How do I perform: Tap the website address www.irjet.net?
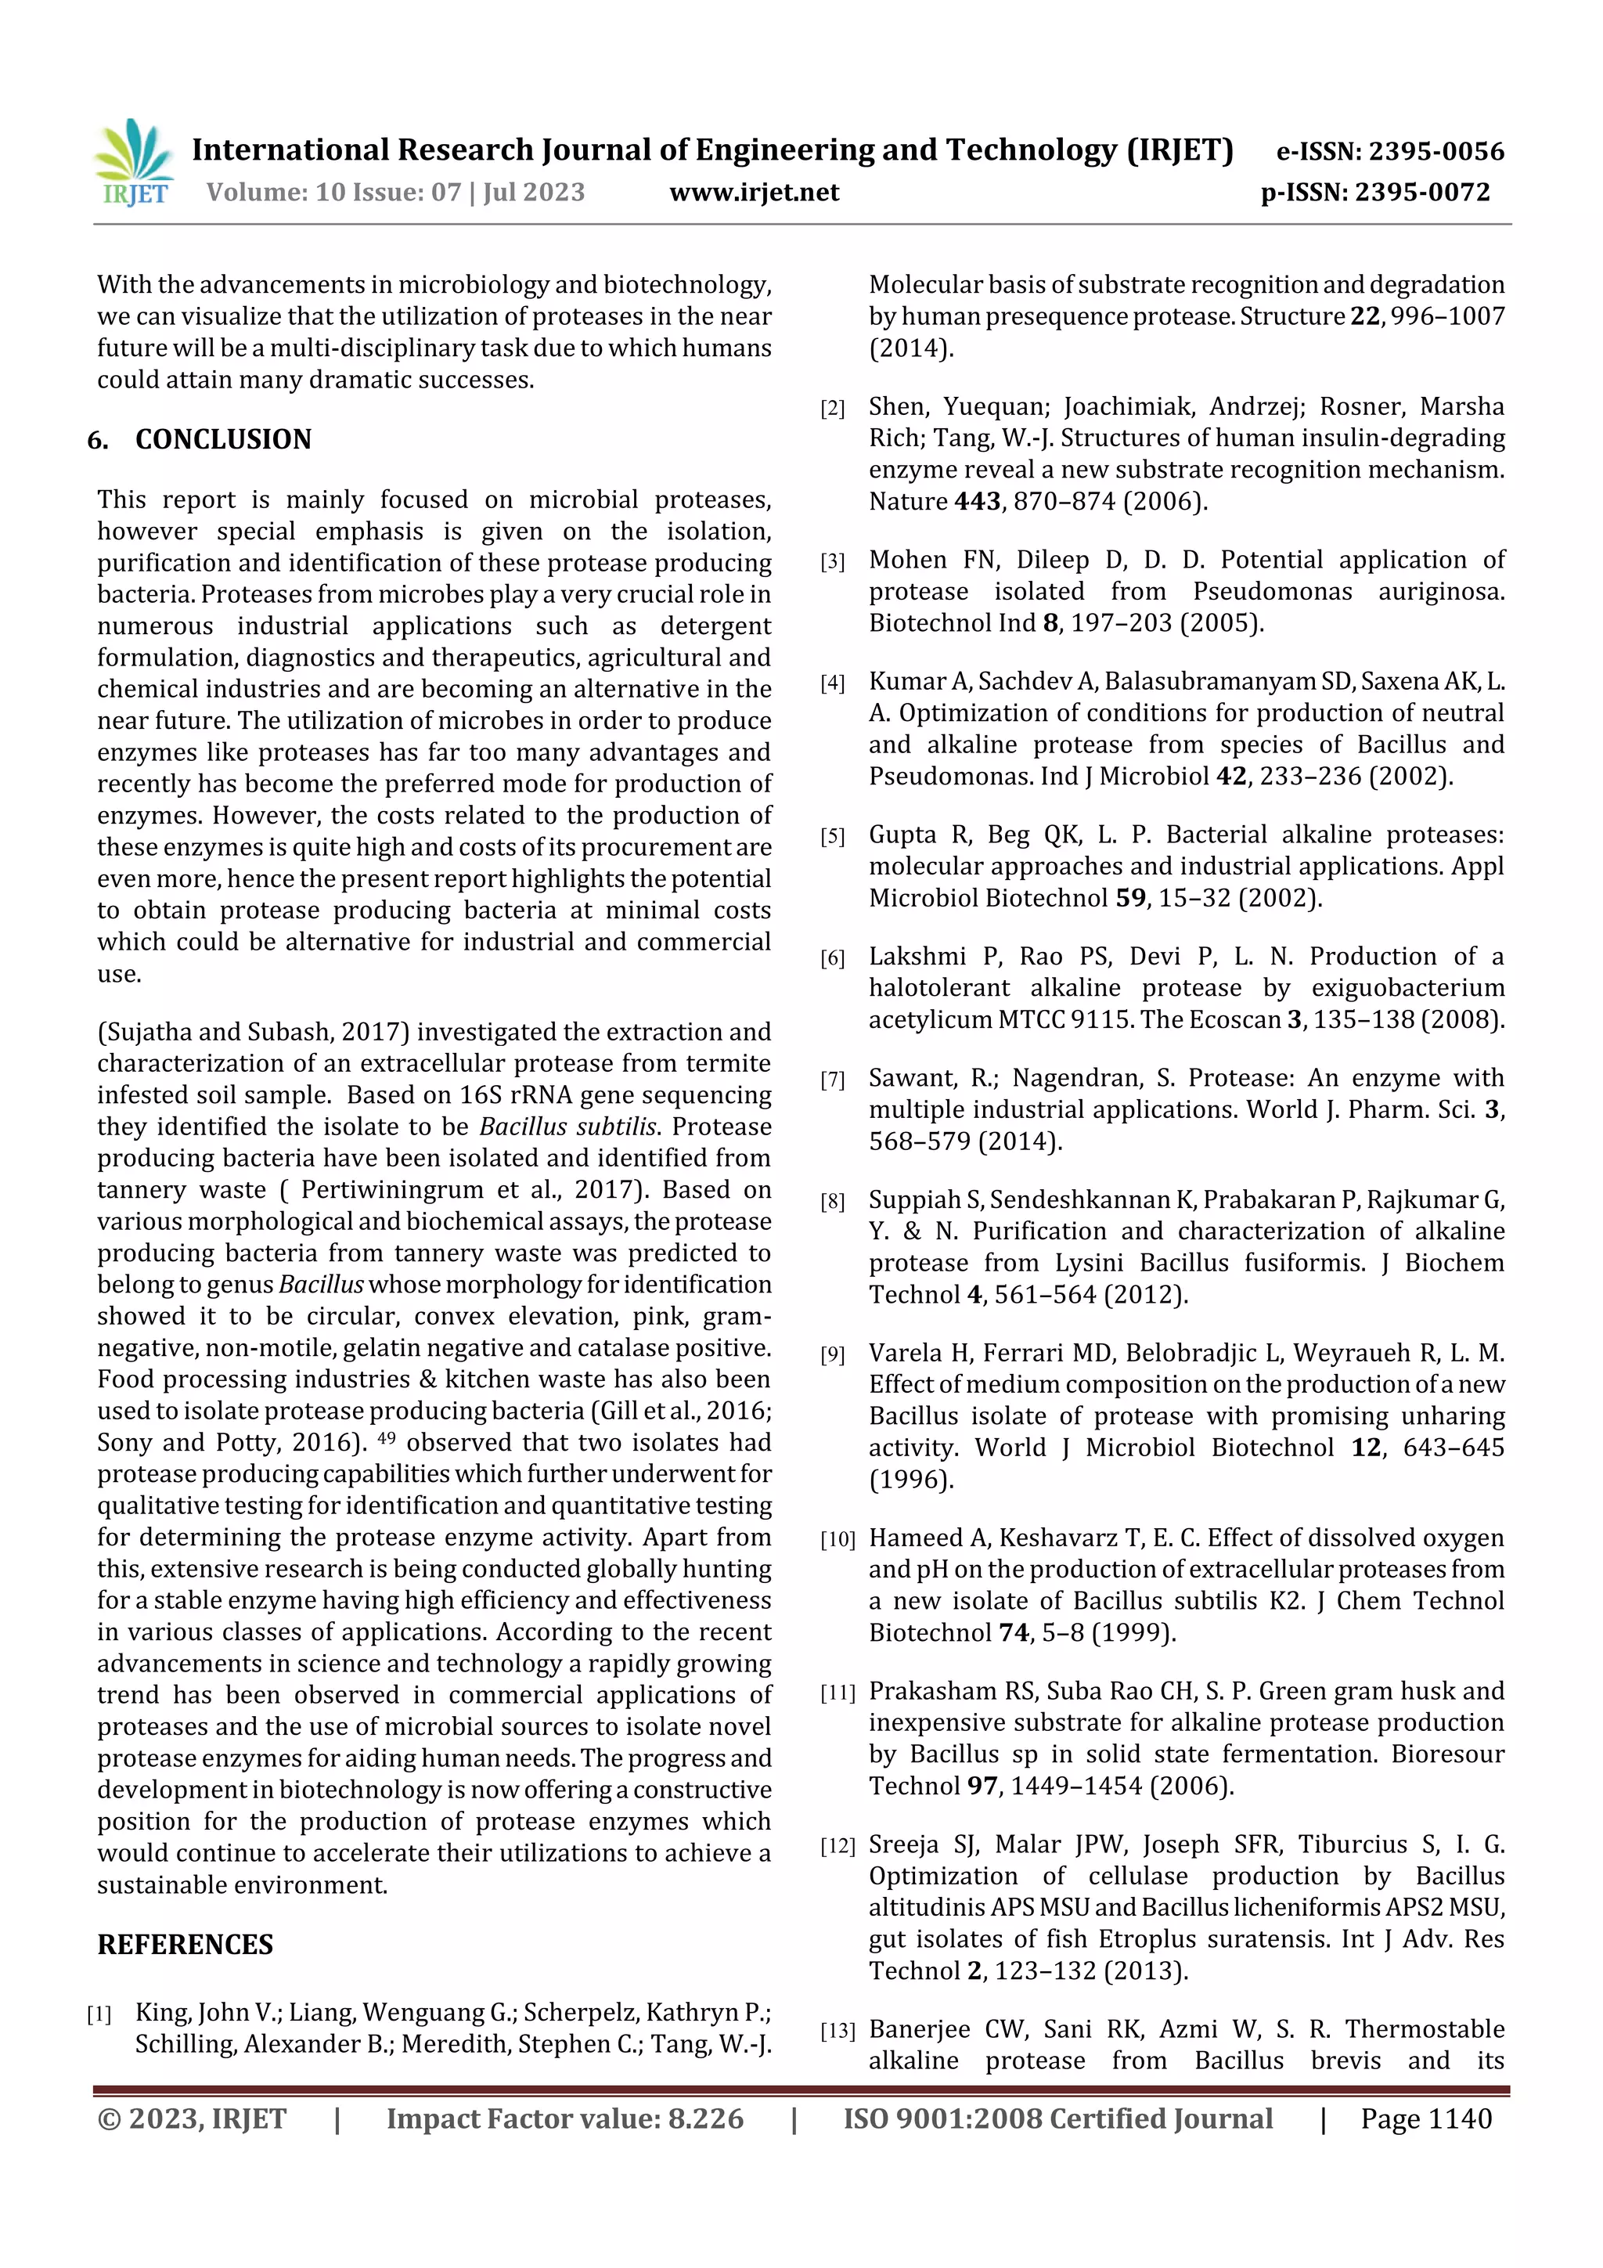pos(754,193)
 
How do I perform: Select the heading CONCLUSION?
pos(223,439)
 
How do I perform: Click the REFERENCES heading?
pos(185,1944)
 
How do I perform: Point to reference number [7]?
pos(833,1080)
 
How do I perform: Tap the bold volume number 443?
pos(977,502)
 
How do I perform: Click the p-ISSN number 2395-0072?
pos(1422,193)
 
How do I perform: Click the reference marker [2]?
pos(833,409)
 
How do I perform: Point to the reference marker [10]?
pos(837,1540)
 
